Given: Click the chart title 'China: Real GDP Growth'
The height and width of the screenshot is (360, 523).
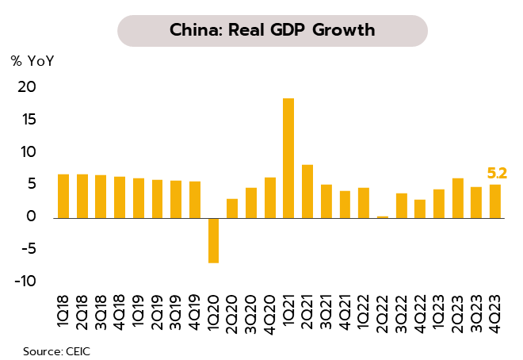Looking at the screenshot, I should (272, 30).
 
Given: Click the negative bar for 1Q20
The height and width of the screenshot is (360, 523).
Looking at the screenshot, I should (213, 239).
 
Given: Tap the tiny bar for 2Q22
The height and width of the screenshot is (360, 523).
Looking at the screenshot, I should (383, 216).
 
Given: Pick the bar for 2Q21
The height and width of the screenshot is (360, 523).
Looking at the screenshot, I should (307, 190).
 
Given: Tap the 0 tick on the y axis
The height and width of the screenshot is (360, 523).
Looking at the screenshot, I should (32, 216).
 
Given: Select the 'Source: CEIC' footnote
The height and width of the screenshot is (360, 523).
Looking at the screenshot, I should (56, 349).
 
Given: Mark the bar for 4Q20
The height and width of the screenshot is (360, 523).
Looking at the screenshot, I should (269, 197).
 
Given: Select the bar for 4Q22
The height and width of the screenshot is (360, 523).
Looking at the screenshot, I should (420, 208).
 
